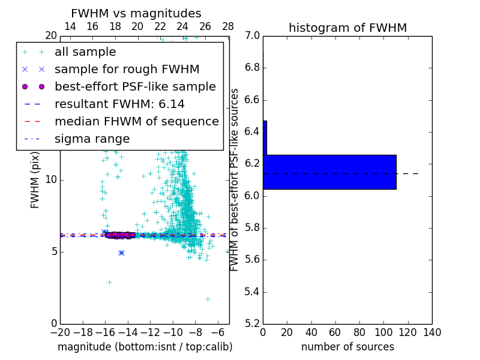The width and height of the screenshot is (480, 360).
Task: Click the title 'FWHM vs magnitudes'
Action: pos(136,13)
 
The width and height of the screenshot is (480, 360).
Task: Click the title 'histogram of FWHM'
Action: pos(347,28)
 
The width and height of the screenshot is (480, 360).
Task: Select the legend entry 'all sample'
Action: pos(85,52)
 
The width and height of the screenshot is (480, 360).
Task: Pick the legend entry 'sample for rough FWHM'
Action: pos(127,70)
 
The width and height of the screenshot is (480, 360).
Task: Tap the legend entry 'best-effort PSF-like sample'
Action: pos(135,86)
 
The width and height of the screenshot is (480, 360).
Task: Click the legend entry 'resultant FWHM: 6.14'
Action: pos(120,104)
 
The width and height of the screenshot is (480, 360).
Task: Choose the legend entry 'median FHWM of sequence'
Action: pos(136,121)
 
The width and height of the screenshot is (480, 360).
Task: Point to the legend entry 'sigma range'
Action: pos(92,139)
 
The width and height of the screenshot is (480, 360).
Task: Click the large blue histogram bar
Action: pos(329,172)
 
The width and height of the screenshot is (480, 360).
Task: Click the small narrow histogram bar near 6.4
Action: pos(265,137)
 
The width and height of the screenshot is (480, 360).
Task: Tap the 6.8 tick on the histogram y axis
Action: pos(252,67)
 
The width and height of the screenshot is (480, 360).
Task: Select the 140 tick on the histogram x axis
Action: pos(432,332)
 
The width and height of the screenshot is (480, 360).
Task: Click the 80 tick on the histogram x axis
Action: pos(359,332)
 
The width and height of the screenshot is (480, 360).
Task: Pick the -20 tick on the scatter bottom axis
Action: pos(60,332)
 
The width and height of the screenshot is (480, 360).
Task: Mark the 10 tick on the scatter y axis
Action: pos(51,180)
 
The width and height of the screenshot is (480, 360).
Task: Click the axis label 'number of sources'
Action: pos(347,347)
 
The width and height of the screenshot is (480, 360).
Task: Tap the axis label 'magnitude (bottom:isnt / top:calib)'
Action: pos(145,347)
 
